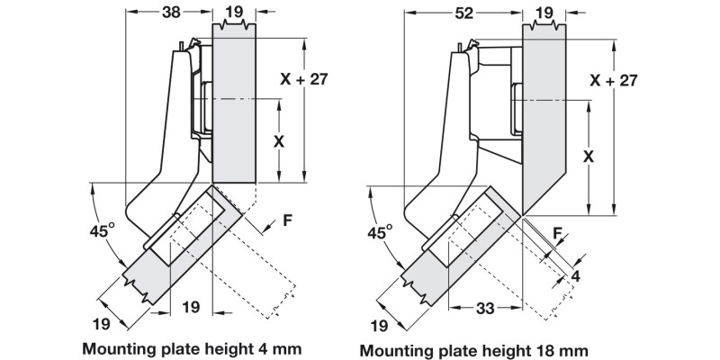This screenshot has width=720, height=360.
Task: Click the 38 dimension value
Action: pyautogui.click(x=167, y=13)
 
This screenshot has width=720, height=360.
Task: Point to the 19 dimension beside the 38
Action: pyautogui.click(x=235, y=13)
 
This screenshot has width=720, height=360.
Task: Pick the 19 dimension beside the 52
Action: pyautogui.click(x=544, y=13)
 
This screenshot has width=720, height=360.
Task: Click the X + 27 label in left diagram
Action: pyautogui.click(x=303, y=79)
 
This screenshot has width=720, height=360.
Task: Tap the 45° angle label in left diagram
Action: pyautogui.click(x=102, y=231)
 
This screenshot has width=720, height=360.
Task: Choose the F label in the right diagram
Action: pyautogui.click(x=559, y=233)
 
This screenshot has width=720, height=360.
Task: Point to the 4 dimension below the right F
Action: pyautogui.click(x=576, y=276)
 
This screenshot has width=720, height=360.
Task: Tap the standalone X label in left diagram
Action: pyautogui.click(x=278, y=142)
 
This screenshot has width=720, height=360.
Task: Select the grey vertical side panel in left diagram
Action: pyautogui.click(x=235, y=99)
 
